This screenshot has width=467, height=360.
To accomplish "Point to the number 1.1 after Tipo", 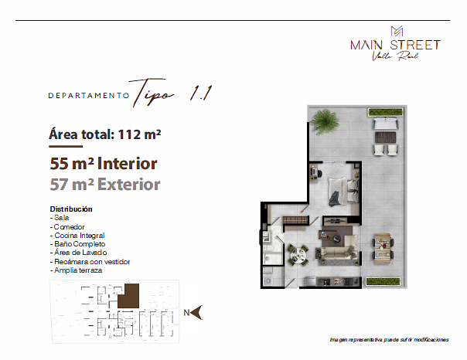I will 200,92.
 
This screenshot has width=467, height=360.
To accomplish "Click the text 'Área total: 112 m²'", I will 104,134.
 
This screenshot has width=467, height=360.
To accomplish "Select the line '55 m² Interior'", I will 104,163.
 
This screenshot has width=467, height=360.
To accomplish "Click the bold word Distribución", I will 71,209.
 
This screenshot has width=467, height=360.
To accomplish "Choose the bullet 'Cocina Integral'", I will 76,235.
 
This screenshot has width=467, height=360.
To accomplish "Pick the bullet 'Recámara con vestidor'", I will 89,262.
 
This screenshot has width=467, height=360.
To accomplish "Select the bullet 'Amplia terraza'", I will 76,270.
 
